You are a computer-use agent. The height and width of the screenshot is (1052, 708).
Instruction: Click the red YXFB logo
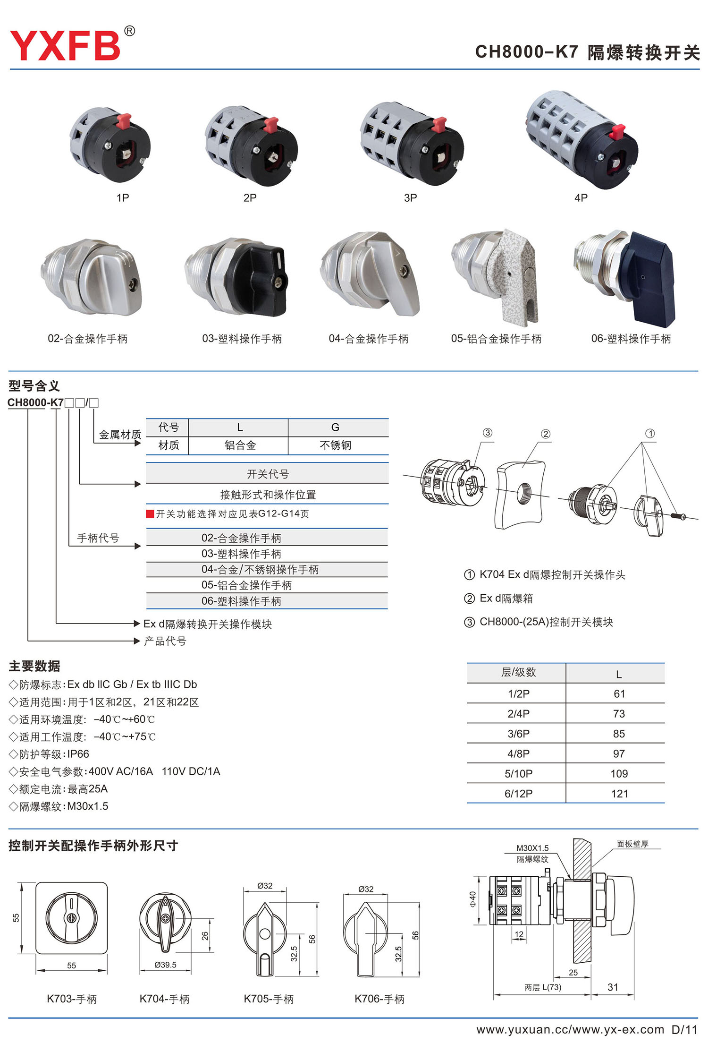(x=65, y=45)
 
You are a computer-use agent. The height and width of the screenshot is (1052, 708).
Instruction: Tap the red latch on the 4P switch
(x=617, y=131)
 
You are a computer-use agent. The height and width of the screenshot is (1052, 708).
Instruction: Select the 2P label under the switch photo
(x=250, y=198)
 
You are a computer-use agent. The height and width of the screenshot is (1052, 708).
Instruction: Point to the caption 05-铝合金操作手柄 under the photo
(x=496, y=339)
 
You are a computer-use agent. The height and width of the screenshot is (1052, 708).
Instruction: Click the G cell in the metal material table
(x=335, y=428)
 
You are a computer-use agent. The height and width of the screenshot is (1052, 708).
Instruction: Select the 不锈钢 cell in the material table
(x=335, y=445)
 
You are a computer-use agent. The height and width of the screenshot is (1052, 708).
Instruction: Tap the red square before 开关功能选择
(x=150, y=513)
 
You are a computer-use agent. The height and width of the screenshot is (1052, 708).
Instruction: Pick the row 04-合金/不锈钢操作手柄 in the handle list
(x=260, y=570)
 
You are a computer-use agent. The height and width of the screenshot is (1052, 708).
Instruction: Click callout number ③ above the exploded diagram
(x=488, y=433)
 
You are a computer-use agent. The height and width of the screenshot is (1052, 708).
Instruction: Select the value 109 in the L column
(x=619, y=774)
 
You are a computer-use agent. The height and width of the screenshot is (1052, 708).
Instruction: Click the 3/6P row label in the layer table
(x=518, y=734)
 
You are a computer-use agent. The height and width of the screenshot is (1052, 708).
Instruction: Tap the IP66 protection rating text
(x=78, y=754)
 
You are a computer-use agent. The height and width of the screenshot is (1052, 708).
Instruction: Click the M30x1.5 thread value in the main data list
(x=88, y=806)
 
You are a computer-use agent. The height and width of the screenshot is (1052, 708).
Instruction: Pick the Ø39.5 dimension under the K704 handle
(x=165, y=965)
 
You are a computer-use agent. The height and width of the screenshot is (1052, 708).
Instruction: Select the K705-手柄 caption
(x=269, y=999)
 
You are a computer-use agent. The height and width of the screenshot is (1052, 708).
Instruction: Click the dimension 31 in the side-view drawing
(x=613, y=987)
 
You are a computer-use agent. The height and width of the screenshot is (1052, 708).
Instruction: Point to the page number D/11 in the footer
(x=684, y=1030)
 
